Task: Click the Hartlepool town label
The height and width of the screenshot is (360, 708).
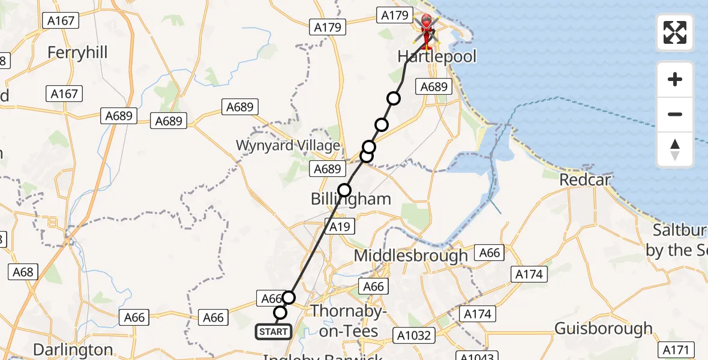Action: (x=437, y=57)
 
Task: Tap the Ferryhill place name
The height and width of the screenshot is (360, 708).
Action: (x=77, y=53)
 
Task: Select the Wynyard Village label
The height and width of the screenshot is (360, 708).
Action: (x=288, y=145)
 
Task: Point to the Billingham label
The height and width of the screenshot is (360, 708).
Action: (x=350, y=199)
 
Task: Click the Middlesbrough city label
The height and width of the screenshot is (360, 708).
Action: (x=410, y=256)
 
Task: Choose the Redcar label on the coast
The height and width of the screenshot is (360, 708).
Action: (x=584, y=180)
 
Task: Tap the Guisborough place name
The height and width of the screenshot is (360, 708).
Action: (x=603, y=329)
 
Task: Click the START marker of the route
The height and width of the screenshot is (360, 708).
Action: (x=274, y=331)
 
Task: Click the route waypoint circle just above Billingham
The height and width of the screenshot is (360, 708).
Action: (x=344, y=190)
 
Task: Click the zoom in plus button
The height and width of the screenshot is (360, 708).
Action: (x=675, y=79)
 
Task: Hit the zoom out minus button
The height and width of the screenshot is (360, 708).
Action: (x=675, y=114)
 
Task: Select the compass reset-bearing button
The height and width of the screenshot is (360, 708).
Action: (x=675, y=149)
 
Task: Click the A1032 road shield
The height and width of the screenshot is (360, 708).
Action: (x=414, y=335)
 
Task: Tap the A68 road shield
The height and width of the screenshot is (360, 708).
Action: (x=23, y=272)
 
